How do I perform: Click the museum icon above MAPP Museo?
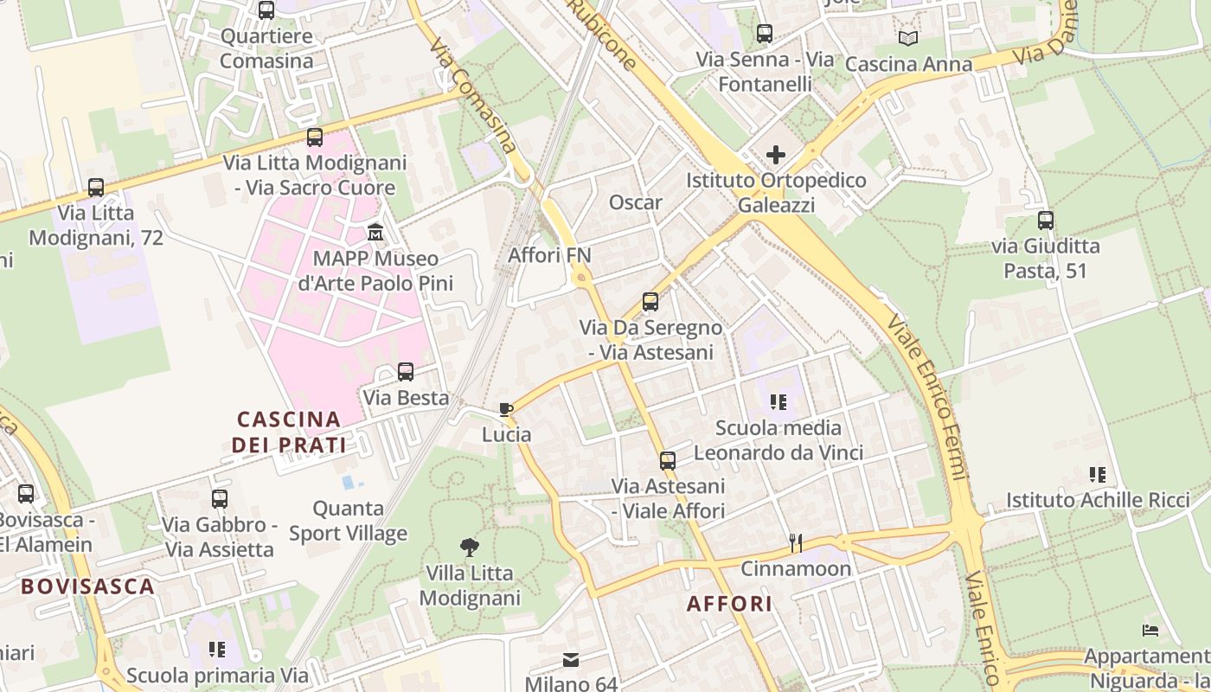coord(375,233)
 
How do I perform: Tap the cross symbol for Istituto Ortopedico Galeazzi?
coord(776,155)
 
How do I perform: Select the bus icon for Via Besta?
coord(405,372)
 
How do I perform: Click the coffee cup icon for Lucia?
coord(506,409)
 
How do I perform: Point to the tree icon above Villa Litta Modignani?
coord(470,547)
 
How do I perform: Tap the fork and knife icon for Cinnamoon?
coord(796,543)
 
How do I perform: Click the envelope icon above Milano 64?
coord(571,660)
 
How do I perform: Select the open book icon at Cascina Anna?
coord(907,38)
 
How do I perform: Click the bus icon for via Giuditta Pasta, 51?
coord(1045,221)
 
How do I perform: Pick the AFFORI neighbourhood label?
coord(729,604)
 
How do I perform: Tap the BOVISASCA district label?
coord(87,586)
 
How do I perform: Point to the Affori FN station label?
coord(549,255)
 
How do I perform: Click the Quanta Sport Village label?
coord(348,521)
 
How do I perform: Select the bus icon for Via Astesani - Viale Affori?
coord(667,461)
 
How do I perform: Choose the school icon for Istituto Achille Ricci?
coord(1097,474)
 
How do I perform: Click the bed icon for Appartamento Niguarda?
coord(1150,631)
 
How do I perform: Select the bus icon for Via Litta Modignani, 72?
coord(96,188)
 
